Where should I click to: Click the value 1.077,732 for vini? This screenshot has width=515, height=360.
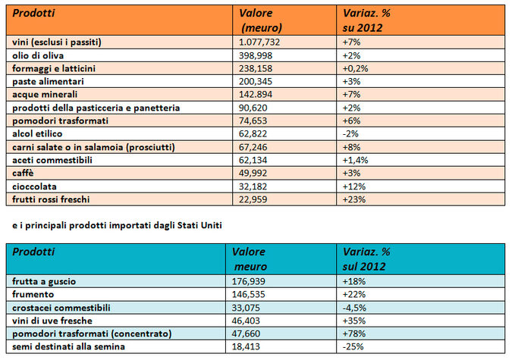pyautogui.click(x=259, y=42)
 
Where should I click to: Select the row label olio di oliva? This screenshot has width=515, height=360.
pyautogui.click(x=38, y=55)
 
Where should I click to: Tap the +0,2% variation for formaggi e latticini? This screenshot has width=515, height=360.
pyautogui.click(x=355, y=68)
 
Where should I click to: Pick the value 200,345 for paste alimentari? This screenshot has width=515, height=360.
pyautogui.click(x=256, y=81)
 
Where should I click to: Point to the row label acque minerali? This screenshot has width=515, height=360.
pyautogui.click(x=45, y=95)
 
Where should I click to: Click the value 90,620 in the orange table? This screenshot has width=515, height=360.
pyautogui.click(x=253, y=108)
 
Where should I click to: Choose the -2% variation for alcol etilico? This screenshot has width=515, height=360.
pyautogui.click(x=350, y=134)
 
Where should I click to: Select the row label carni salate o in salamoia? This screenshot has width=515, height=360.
pyautogui.click(x=93, y=147)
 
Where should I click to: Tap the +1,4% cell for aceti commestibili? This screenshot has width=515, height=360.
pyautogui.click(x=355, y=160)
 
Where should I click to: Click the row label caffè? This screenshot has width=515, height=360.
pyautogui.click(x=23, y=173)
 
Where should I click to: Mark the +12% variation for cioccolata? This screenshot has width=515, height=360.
pyautogui.click(x=353, y=186)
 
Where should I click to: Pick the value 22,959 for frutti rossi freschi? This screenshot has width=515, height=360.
pyautogui.click(x=253, y=199)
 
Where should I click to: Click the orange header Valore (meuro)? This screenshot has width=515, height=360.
pyautogui.click(x=260, y=20)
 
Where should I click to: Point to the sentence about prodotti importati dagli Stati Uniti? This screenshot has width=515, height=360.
pyautogui.click(x=117, y=225)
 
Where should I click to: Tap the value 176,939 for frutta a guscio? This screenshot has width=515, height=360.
pyautogui.click(x=248, y=281)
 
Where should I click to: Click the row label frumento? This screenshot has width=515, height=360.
pyautogui.click(x=33, y=294)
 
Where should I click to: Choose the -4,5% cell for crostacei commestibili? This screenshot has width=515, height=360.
pyautogui.click(x=354, y=308)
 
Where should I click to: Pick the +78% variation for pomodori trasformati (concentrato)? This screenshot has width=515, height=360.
pyautogui.click(x=353, y=333)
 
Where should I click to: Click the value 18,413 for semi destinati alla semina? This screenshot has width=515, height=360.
pyautogui.click(x=246, y=346)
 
